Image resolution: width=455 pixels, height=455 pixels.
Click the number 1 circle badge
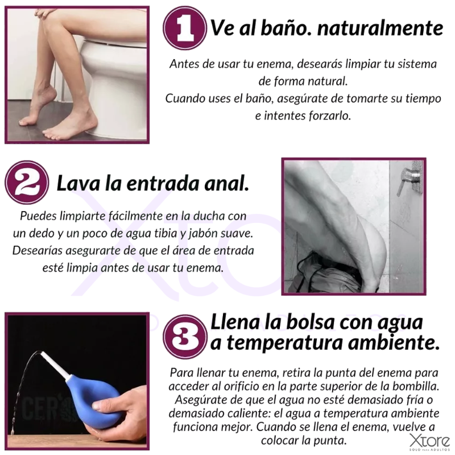click(x=185, y=28)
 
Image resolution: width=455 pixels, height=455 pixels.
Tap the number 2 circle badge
click(x=27, y=183)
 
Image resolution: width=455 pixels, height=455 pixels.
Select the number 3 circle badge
click(x=185, y=337)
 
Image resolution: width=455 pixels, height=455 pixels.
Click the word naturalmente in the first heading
click(x=380, y=28)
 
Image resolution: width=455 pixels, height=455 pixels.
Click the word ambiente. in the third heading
click(x=394, y=343)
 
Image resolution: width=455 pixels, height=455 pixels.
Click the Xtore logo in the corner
click(x=430, y=442)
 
